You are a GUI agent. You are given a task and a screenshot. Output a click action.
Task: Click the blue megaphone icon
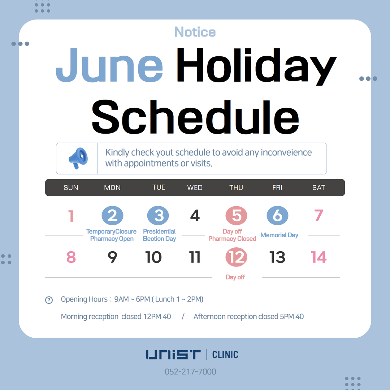(78, 158)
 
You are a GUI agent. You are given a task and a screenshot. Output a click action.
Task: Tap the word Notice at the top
(195, 32)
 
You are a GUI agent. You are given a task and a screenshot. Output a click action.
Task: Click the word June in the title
(109, 65)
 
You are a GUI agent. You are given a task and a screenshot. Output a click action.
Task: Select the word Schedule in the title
(195, 117)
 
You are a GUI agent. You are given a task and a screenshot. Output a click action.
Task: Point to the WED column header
(195, 187)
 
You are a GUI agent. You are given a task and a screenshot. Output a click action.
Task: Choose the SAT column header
(318, 187)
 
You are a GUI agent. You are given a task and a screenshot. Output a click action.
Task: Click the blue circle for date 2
(112, 215)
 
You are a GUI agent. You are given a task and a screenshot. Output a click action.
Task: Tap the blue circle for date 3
(158, 215)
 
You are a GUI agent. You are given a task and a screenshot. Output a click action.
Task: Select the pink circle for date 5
(236, 215)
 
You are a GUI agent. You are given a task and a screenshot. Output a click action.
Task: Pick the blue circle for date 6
(278, 215)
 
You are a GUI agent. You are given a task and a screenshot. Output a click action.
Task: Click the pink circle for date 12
(236, 257)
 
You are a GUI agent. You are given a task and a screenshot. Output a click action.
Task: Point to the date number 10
(153, 257)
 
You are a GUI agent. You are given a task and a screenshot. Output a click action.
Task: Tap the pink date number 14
(318, 257)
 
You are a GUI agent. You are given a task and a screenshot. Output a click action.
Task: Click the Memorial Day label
(279, 235)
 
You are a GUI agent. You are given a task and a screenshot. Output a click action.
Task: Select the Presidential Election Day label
(159, 235)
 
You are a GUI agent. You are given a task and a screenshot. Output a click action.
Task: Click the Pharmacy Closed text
(232, 239)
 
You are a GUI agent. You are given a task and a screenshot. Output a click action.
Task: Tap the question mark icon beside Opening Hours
(49, 300)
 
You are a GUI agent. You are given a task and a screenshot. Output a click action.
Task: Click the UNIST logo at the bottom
(173, 355)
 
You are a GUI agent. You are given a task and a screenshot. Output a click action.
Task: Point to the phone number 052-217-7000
(191, 372)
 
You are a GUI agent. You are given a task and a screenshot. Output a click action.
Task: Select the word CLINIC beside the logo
(225, 355)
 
